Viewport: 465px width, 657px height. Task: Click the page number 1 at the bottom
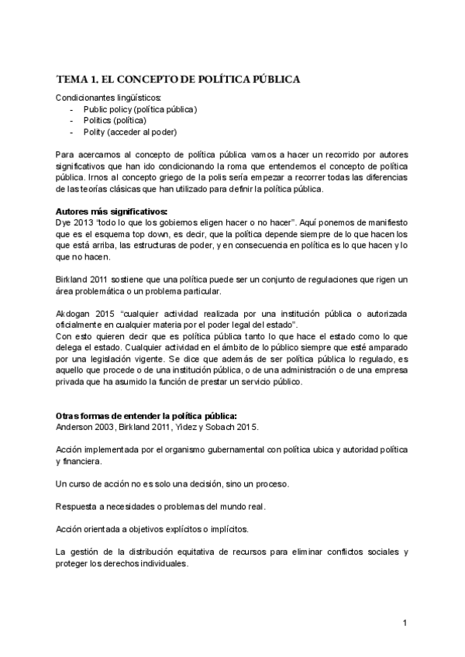tap(405, 623)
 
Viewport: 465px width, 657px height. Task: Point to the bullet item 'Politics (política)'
tap(115, 121)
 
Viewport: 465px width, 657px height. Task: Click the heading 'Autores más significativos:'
tap(112, 211)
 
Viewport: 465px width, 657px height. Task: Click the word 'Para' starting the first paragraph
tap(66, 155)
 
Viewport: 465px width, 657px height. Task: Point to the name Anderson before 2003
tap(77, 427)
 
